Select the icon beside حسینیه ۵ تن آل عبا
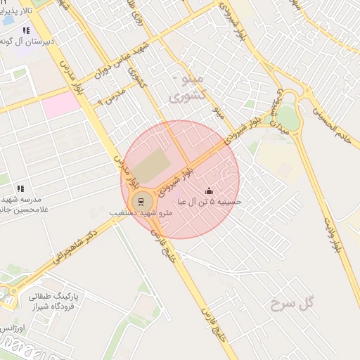[x=209, y=191]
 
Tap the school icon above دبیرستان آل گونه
[x=27, y=31]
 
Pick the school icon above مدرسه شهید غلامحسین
[x=20, y=188]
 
